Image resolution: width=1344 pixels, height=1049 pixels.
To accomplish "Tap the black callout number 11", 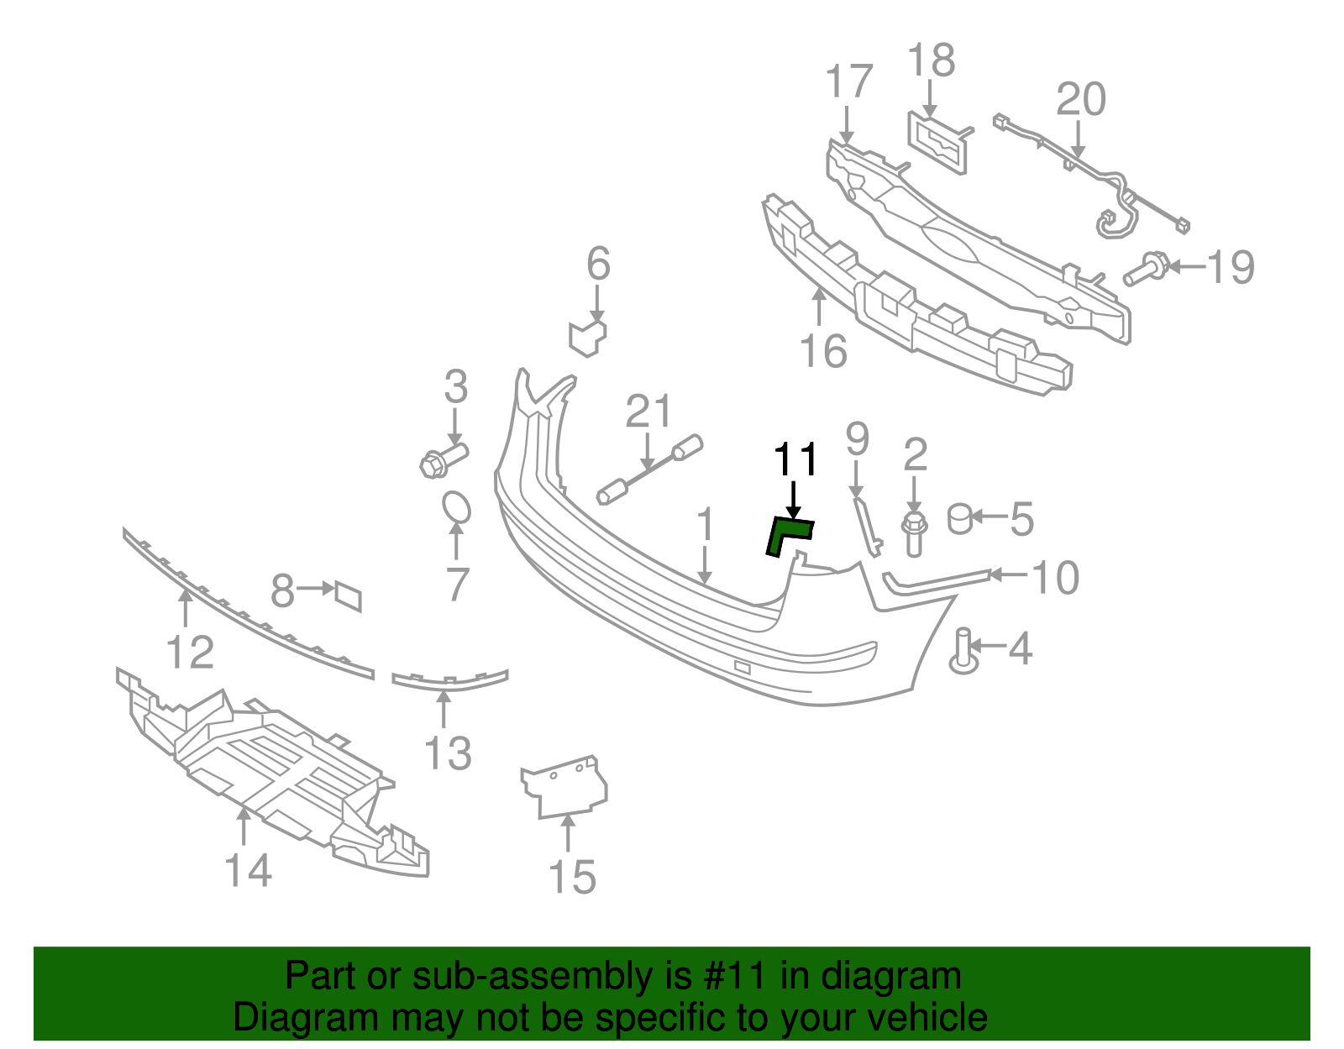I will tap(795, 460).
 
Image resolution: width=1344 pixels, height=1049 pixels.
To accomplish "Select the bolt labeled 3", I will tap(442, 459).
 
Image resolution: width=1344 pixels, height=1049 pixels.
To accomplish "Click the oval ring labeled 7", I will tap(456, 507).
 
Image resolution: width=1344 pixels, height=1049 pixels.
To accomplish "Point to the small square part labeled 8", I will tap(348, 595).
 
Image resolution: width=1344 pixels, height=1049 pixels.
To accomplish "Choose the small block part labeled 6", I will tap(588, 336).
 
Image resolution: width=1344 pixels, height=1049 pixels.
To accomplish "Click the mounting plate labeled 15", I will tap(564, 785).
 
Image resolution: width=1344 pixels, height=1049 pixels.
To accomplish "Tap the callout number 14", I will tap(249, 870).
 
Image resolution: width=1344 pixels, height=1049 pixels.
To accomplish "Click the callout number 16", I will tap(823, 350).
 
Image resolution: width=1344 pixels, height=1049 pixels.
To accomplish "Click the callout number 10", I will tap(1055, 578).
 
